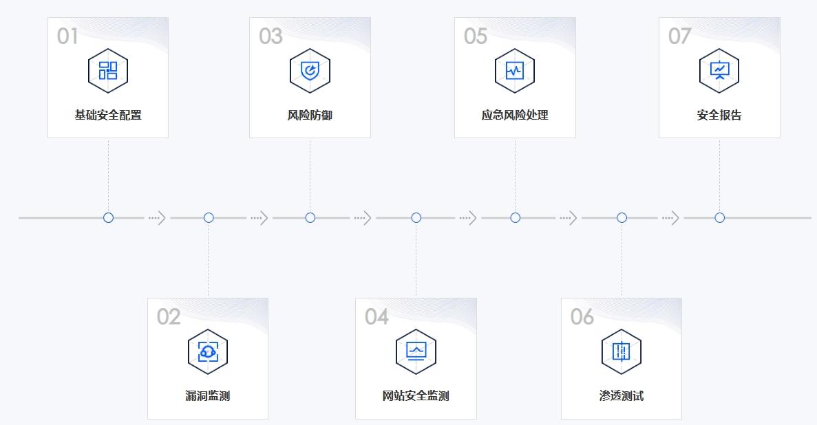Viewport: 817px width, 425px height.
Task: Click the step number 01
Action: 67,36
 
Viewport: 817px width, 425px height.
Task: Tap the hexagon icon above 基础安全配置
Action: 108,70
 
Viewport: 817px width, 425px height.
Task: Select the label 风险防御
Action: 310,115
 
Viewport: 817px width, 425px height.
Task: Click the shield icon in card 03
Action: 310,70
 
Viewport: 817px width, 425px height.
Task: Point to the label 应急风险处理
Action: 515,115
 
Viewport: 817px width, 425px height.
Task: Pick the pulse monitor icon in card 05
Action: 515,70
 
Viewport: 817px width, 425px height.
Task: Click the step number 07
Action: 679,36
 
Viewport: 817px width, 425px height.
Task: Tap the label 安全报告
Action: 719,115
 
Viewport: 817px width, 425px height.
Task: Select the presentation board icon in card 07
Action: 719,70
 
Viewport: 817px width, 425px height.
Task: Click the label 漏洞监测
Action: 208,395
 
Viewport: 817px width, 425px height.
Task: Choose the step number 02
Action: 169,316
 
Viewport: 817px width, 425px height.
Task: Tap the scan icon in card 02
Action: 208,351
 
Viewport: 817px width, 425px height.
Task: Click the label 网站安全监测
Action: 416,395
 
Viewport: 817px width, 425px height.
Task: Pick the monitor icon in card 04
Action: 416,351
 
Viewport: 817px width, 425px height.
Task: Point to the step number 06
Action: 582,316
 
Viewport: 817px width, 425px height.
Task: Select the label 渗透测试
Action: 622,395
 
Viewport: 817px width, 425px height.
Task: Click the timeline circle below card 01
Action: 108,217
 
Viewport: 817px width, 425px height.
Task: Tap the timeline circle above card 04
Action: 416,217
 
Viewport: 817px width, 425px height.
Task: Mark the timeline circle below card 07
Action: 719,217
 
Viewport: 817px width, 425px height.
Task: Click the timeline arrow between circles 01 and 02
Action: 158,218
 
